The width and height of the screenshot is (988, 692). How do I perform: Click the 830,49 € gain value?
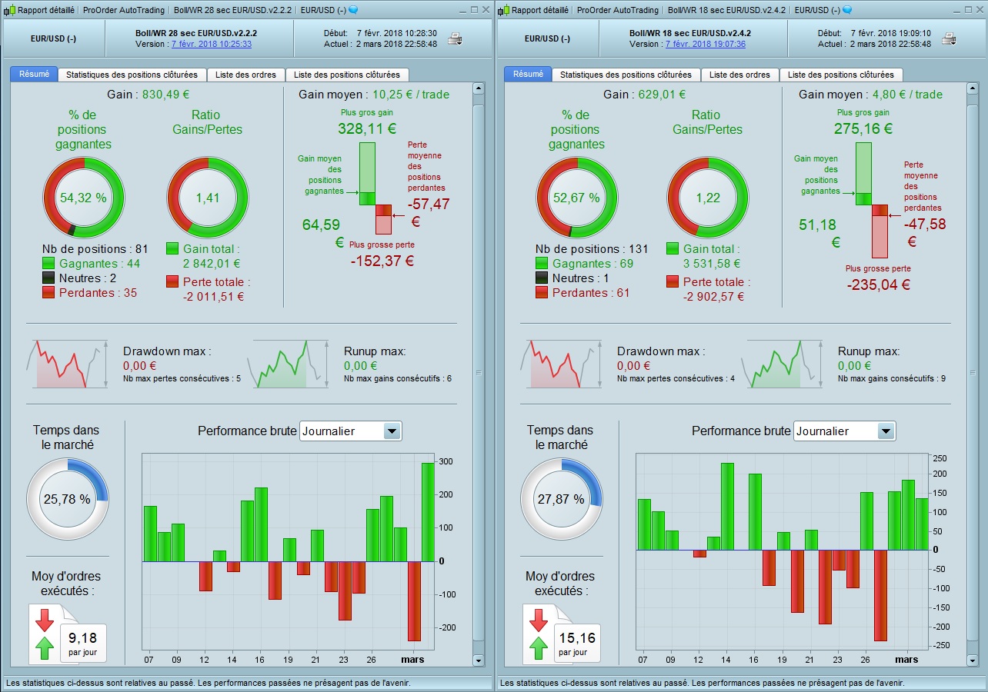click(x=165, y=95)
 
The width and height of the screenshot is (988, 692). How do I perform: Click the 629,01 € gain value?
click(x=659, y=95)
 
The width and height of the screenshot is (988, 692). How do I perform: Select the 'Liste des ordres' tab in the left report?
click(x=245, y=75)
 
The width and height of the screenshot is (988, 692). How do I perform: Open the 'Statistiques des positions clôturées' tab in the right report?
click(x=626, y=75)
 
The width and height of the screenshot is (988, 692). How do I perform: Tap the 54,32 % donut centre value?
click(x=83, y=198)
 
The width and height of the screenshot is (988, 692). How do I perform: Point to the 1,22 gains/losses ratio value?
click(x=707, y=198)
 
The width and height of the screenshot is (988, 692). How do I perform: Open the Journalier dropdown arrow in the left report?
click(x=392, y=431)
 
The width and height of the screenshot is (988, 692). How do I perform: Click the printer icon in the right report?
click(x=949, y=38)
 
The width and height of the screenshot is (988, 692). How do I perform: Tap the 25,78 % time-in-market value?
click(x=67, y=499)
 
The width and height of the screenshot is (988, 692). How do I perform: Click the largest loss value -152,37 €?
click(x=382, y=261)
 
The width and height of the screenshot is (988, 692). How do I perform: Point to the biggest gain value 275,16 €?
click(x=863, y=128)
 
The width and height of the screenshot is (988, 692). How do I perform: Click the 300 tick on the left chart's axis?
click(x=446, y=461)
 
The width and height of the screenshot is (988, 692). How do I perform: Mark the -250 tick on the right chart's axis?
click(x=940, y=645)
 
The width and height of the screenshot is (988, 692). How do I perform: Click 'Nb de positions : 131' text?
click(x=592, y=249)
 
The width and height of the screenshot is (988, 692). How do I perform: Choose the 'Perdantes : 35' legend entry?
click(x=98, y=293)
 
